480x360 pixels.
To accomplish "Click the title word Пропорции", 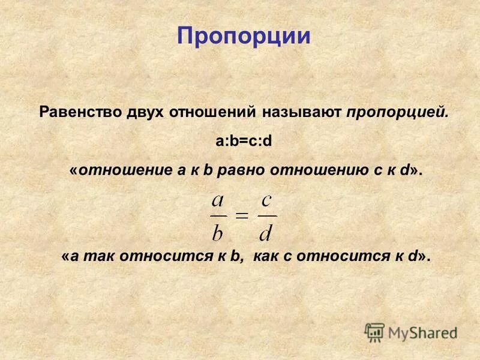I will (x=244, y=37).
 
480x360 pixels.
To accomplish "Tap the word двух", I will (x=147, y=113).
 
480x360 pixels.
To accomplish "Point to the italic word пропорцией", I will (x=397, y=113).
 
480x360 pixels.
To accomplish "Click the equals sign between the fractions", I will (x=242, y=216).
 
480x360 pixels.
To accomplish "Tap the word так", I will (x=98, y=257).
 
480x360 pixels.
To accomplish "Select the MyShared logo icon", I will (x=374, y=332).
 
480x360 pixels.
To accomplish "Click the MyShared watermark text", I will (x=422, y=332).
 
